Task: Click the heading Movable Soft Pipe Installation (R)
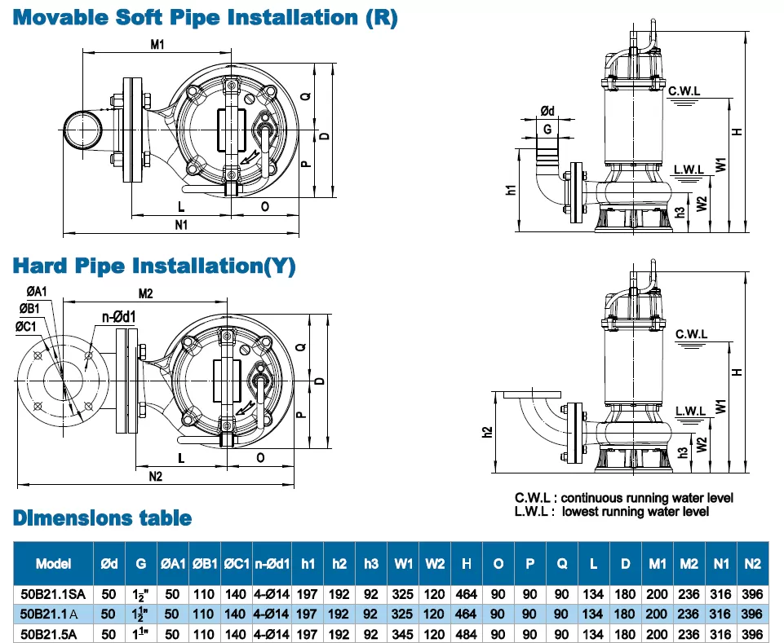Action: (x=204, y=17)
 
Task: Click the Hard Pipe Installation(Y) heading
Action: (x=153, y=266)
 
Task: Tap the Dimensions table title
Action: (x=102, y=518)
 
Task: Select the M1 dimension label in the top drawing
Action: (x=157, y=46)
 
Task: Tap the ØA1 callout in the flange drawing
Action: (x=37, y=292)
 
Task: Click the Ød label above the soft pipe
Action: (x=547, y=111)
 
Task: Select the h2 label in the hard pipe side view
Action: (x=488, y=431)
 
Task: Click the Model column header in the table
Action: (x=53, y=563)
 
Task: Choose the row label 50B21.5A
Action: (x=51, y=633)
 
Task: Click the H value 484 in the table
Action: (x=467, y=633)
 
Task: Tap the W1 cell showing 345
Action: (x=403, y=633)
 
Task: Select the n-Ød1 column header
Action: (x=272, y=563)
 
